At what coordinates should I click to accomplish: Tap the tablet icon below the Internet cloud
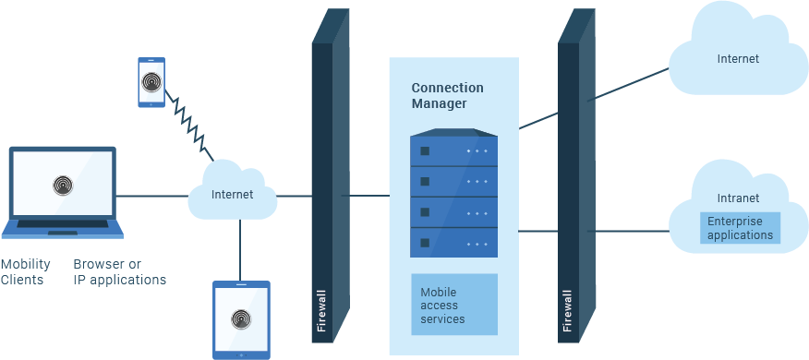[241, 319]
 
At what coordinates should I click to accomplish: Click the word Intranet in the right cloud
[738, 198]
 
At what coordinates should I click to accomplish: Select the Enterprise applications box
[740, 228]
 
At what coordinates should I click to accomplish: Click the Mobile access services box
[453, 304]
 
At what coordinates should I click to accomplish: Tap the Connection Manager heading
[447, 96]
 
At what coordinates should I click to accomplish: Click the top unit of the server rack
[453, 150]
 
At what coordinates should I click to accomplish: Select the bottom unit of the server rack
[453, 243]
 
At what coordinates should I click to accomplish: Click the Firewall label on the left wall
[320, 311]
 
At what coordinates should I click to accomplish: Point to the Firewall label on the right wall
[566, 311]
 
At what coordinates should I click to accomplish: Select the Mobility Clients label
[25, 271]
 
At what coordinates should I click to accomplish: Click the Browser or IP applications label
[119, 271]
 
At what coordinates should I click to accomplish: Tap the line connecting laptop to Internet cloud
[152, 196]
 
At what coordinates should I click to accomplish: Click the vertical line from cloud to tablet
[240, 248]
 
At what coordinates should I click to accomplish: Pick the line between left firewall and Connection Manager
[369, 196]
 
